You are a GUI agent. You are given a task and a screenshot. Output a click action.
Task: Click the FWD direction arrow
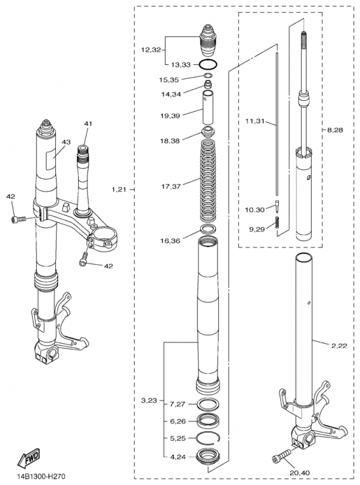click(x=28, y=457)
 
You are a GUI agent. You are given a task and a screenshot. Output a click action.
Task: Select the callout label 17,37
click(x=171, y=186)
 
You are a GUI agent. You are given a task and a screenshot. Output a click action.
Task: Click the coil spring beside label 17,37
click(x=208, y=181)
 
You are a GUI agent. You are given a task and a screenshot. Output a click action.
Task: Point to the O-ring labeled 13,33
click(x=208, y=65)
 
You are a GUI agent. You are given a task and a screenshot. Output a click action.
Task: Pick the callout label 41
click(x=88, y=124)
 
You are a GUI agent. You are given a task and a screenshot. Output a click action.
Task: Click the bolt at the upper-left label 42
click(x=18, y=219)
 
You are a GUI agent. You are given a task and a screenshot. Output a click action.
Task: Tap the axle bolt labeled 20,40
click(x=281, y=457)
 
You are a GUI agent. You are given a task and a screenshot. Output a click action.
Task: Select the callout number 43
click(x=66, y=142)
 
